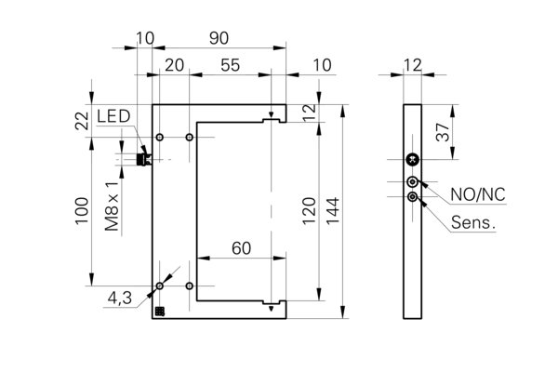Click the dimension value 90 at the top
coord(219,38)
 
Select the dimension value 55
coord(231,65)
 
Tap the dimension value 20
coord(175,65)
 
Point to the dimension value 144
coord(333,211)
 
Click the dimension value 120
coord(309,211)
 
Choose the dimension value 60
coord(241,248)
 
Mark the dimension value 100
coord(82,211)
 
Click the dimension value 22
coord(82,121)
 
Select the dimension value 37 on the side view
coord(443,132)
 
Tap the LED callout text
coord(113,116)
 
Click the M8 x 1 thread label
coord(112,206)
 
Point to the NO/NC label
coord(478,194)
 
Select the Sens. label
coord(473,222)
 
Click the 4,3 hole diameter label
coord(120,298)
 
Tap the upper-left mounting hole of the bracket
coord(160,137)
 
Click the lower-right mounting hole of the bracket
coord(190,286)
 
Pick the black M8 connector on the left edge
coord(143,159)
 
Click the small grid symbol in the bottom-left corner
coord(160,312)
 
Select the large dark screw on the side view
coord(412,160)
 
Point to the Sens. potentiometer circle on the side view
coord(413,196)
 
